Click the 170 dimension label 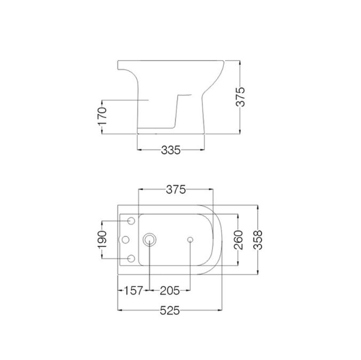pos(103,116)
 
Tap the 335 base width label pos(171,150)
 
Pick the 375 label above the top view pos(175,189)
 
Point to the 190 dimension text pos(104,239)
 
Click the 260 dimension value pos(238,240)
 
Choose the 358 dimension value pos(258,240)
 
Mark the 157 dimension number pos(132,291)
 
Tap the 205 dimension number pos(170,291)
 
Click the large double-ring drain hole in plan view pos(150,240)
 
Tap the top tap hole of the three pos(131,221)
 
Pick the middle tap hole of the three pos(126,240)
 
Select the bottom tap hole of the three pos(131,259)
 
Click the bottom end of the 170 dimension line pos(103,133)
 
